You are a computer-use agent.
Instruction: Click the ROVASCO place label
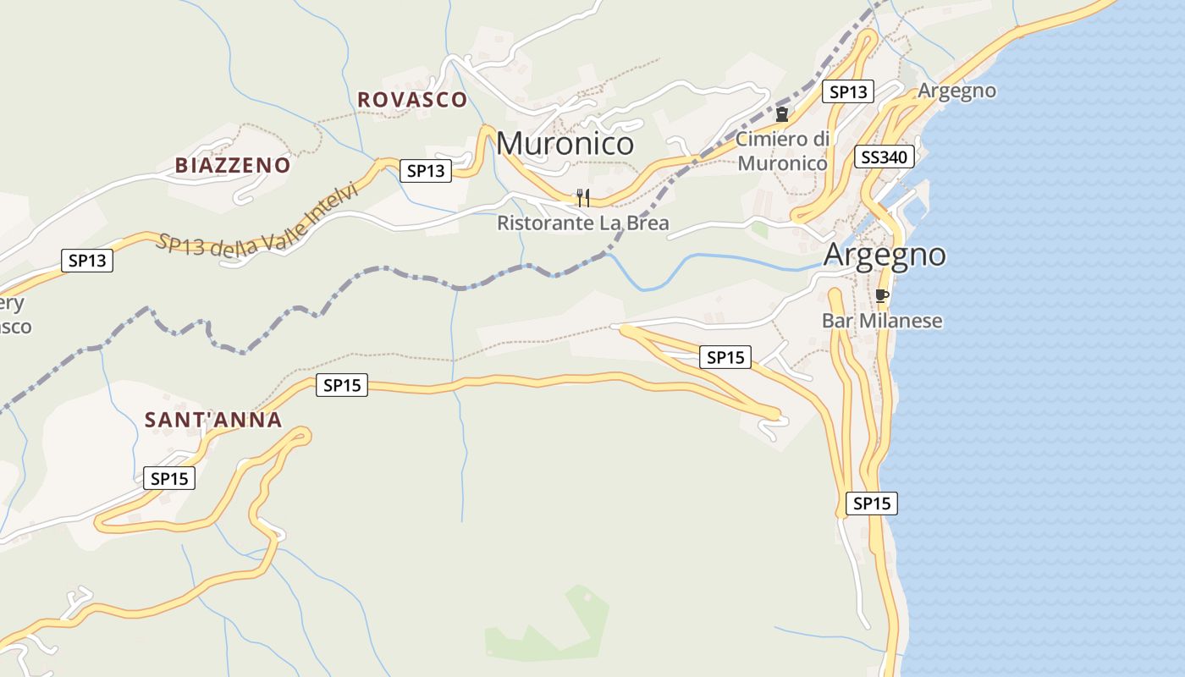point(412,100)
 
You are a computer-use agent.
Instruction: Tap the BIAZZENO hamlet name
point(233,166)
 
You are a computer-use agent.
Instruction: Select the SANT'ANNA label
point(213,420)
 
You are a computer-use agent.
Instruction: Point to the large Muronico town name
point(565,143)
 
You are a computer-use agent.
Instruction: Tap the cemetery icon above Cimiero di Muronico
point(782,114)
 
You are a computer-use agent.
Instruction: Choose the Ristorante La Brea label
point(582,223)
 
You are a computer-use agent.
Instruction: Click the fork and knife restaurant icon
point(582,198)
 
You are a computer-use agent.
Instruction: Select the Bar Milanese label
point(881,321)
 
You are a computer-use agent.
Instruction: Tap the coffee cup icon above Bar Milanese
point(881,295)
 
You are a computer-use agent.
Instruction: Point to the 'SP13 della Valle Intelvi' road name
point(256,222)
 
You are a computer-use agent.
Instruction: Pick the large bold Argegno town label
point(885,254)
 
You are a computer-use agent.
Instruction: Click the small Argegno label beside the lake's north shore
point(956,91)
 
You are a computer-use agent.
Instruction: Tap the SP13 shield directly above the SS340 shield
point(848,92)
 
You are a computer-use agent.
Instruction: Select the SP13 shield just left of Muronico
point(426,171)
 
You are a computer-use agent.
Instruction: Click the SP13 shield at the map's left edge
point(87,261)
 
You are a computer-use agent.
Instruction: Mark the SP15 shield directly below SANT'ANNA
point(169,478)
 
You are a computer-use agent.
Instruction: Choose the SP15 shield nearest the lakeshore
point(872,504)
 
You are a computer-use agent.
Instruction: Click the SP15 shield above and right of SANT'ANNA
point(342,386)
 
